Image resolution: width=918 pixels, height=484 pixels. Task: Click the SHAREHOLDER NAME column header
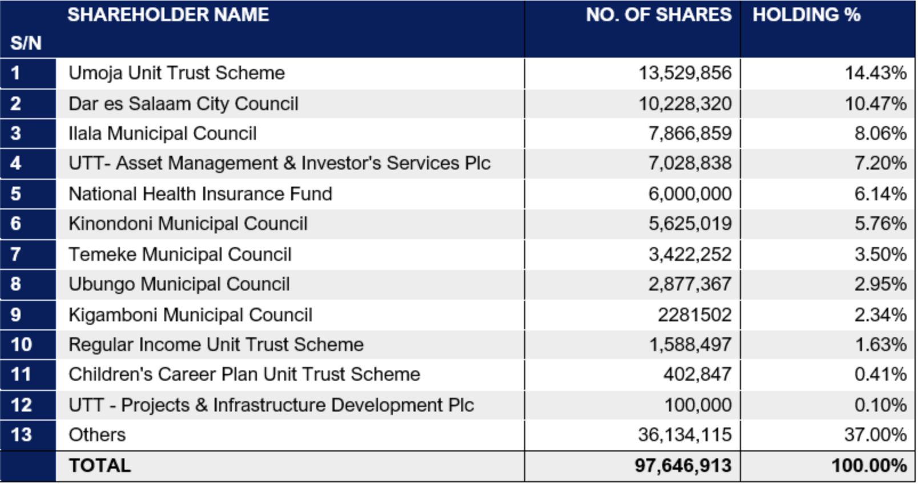(168, 15)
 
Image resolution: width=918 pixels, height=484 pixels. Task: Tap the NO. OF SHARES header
(659, 15)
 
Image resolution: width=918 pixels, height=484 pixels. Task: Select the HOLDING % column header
(807, 15)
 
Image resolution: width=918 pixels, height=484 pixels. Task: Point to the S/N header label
(26, 43)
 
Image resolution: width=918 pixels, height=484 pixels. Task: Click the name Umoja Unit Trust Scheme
(176, 74)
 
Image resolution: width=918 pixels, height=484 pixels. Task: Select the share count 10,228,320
(685, 104)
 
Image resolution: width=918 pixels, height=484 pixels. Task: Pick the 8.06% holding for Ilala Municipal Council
(881, 134)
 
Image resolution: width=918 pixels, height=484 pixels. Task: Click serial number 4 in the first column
(15, 163)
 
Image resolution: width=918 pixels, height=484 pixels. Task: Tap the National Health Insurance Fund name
(200, 194)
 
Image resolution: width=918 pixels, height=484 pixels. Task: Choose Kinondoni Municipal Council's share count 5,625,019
(690, 224)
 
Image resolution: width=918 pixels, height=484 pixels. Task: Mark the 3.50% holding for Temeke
(881, 254)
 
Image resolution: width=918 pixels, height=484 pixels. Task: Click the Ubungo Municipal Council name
(179, 284)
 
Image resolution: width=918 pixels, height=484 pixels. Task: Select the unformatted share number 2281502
(695, 314)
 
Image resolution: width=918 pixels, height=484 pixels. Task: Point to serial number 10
(21, 345)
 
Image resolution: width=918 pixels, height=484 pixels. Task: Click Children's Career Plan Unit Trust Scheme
(244, 374)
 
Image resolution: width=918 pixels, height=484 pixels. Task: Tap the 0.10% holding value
(881, 405)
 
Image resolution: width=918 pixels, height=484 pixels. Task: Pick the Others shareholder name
(97, 435)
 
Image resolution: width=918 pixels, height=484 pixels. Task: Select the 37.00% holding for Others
(876, 435)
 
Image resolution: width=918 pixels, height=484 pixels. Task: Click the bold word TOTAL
(99, 466)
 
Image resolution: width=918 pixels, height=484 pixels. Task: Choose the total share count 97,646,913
(683, 466)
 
